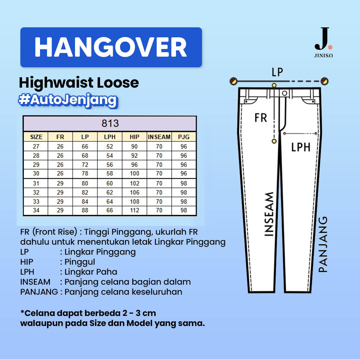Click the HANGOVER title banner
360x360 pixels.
[111, 47]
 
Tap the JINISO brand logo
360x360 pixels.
[323, 42]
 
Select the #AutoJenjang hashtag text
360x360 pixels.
[68, 100]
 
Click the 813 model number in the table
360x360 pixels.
[110, 124]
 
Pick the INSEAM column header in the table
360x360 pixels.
[159, 137]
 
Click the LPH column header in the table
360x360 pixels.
[110, 137]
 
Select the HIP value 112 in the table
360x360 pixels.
[135, 210]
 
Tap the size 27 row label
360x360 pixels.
[36, 146]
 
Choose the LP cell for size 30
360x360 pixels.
[85, 174]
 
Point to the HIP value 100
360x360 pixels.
[135, 174]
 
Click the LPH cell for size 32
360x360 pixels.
[110, 192]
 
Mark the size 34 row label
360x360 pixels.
[36, 210]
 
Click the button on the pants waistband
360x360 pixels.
[285, 93]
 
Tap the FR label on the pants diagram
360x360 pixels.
[261, 118]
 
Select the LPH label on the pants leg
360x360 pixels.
[301, 147]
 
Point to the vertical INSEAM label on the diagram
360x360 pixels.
[269, 214]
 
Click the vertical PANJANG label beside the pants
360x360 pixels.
[323, 244]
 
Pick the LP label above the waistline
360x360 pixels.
[277, 72]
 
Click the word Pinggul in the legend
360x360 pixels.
[80, 262]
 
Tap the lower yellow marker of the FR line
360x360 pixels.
[274, 141]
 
